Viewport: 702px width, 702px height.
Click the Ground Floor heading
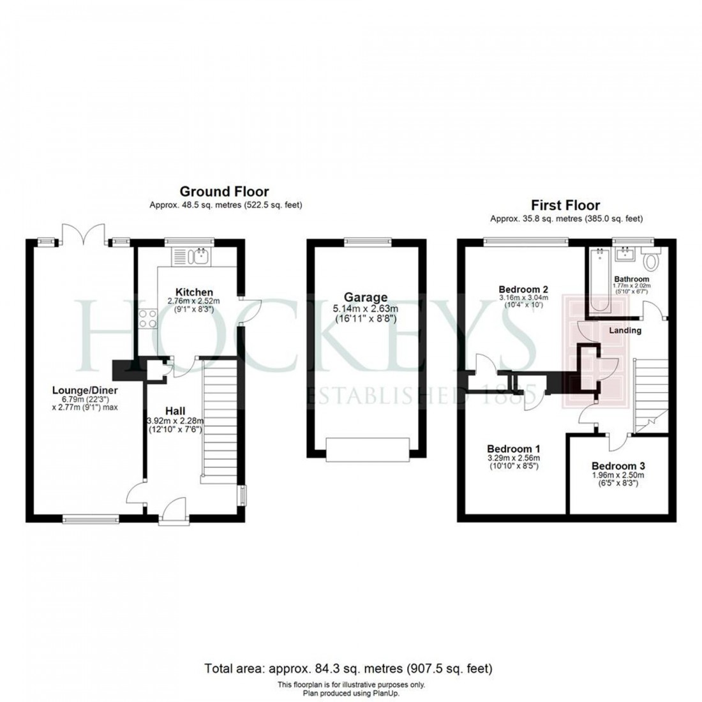tap(224, 191)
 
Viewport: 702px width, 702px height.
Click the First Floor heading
tap(566, 205)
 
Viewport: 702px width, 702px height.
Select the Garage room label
tap(366, 297)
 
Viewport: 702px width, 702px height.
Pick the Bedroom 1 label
tap(513, 448)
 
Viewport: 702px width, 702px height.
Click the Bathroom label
tap(631, 280)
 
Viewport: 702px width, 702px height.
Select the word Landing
tap(625, 331)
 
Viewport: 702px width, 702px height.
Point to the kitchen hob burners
tap(148, 317)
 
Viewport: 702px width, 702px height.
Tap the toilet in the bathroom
tap(651, 260)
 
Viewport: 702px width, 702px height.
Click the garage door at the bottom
tap(366, 449)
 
